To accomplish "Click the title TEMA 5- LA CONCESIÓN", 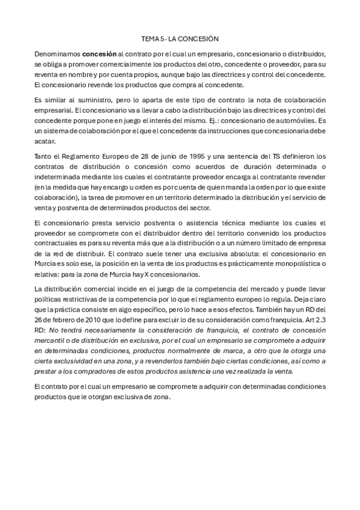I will (x=180, y=37).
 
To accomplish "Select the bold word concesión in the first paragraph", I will (x=99, y=53).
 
